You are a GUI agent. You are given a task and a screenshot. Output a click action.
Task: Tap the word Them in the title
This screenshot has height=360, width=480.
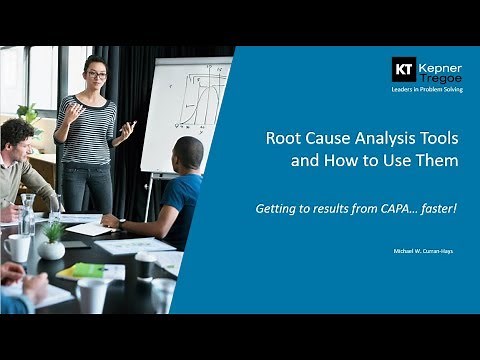(x=438, y=160)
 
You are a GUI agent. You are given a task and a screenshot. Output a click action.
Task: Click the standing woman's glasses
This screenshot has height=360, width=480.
(x=96, y=75)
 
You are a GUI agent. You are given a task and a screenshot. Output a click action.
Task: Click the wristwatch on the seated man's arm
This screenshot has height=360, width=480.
(x=121, y=221)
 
